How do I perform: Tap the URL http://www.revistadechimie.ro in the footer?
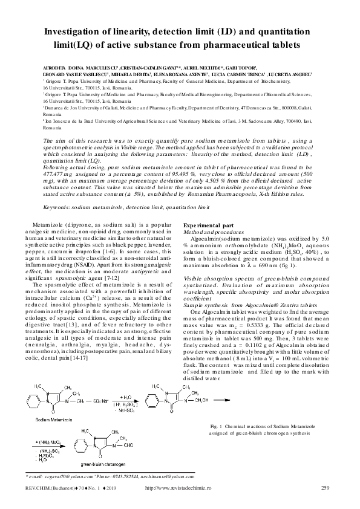click(x=180, y=488)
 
